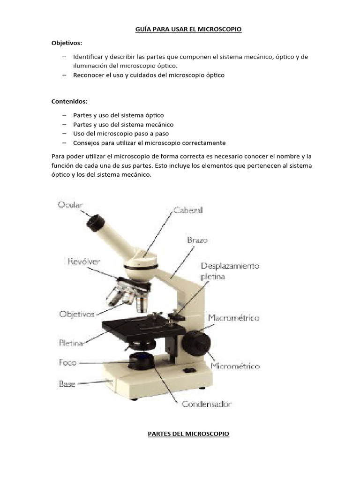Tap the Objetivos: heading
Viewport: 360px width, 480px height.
(67, 43)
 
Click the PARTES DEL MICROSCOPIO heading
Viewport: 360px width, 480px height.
(188, 434)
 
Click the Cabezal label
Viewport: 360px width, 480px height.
(188, 210)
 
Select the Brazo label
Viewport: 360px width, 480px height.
(197, 240)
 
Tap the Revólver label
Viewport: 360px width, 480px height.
(83, 261)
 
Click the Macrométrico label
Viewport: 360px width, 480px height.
(233, 318)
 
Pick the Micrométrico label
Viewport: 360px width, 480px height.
(235, 366)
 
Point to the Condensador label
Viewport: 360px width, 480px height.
(207, 403)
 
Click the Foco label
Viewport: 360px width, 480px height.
(67, 362)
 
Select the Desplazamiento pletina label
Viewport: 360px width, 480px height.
(230, 271)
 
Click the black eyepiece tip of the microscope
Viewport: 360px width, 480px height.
(95, 223)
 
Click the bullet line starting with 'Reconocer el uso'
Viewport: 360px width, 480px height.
(149, 75)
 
